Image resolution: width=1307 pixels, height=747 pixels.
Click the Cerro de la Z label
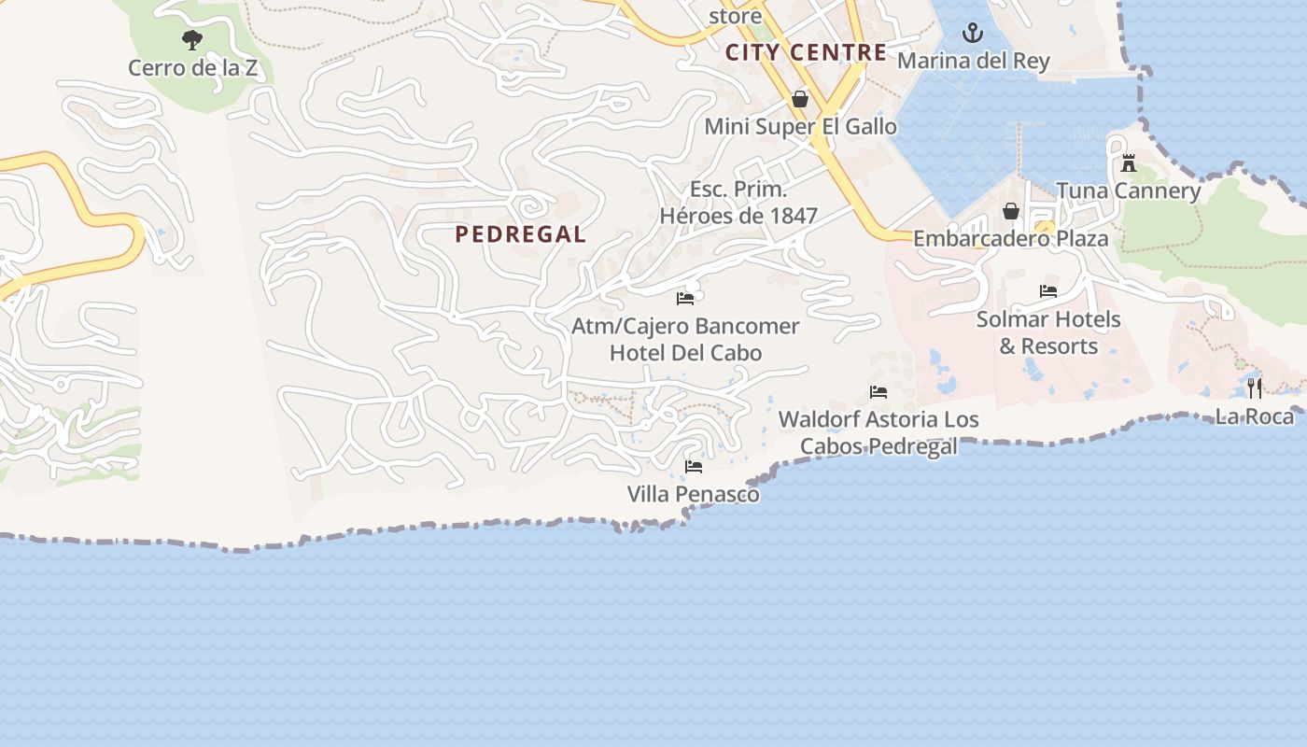192,67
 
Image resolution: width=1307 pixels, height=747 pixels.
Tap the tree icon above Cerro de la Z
192,40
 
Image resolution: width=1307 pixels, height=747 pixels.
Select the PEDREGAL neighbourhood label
521,234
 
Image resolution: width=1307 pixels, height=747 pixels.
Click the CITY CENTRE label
807,52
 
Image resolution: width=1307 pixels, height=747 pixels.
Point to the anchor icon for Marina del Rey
974,34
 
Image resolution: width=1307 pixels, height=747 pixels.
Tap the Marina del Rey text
974,62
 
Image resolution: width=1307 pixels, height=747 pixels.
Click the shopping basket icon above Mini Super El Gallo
800,98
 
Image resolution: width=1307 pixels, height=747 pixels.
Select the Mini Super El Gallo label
800,126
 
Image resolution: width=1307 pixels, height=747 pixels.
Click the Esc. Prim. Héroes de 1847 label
738,203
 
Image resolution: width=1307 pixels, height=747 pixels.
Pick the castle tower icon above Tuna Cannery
1129,164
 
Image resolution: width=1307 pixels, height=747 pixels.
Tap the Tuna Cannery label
1129,191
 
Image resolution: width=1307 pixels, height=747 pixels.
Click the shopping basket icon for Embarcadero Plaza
1010,211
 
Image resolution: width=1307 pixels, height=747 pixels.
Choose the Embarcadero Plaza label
1010,238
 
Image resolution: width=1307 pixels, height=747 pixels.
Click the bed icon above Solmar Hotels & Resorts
1048,291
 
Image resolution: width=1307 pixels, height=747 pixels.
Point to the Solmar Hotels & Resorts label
1048,332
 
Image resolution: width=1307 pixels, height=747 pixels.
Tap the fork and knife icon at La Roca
1255,388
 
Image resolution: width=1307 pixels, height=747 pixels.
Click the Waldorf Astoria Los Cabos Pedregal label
878,432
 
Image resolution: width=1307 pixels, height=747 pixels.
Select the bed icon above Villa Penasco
694,466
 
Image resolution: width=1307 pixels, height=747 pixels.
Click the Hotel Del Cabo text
685,353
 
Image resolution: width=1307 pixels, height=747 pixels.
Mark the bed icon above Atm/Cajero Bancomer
685,299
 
